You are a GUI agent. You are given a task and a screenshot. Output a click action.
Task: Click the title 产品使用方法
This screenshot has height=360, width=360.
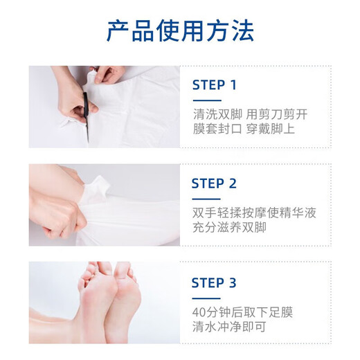coord(180,31)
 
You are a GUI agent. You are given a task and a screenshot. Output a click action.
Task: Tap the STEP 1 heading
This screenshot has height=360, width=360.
coord(214,85)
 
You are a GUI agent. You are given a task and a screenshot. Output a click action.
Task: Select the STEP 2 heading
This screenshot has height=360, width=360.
coord(214,183)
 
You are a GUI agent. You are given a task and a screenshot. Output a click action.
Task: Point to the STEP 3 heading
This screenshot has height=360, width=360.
coord(214,282)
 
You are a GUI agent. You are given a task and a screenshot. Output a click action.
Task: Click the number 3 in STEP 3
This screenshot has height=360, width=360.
coord(233,282)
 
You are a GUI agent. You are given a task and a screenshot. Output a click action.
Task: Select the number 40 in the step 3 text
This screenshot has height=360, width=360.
coord(199,311)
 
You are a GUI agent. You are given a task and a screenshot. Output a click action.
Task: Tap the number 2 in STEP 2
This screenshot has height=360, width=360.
coord(233,183)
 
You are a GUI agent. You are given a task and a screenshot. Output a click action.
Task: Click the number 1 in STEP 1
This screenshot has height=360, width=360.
coord(233,85)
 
